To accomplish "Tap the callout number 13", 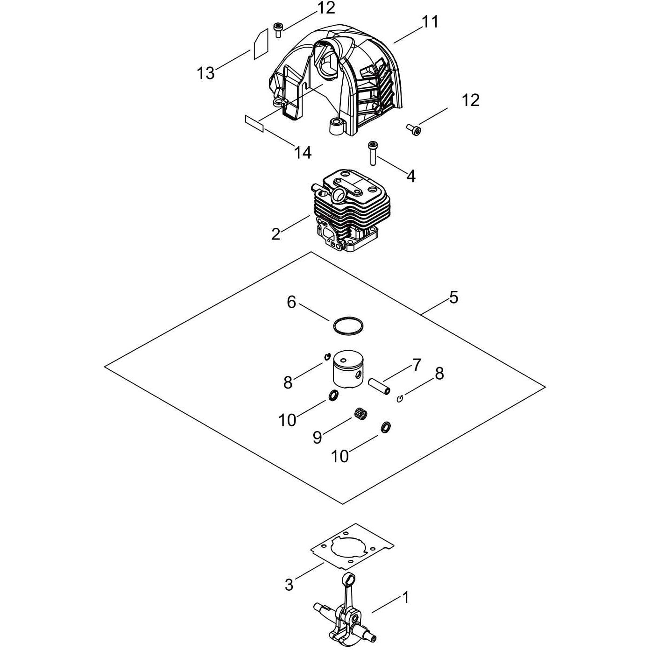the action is [206, 73].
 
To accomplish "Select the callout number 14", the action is [303, 153].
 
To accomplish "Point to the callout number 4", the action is [410, 176].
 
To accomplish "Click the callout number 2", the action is [276, 234].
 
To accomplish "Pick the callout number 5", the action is [454, 297].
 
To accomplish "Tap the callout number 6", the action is [291, 302].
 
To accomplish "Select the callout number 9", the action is [317, 438].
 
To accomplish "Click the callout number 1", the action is [405, 597].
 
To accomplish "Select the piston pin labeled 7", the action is [380, 386].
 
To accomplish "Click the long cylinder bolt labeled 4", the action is [372, 154].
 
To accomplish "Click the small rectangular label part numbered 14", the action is [254, 124].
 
